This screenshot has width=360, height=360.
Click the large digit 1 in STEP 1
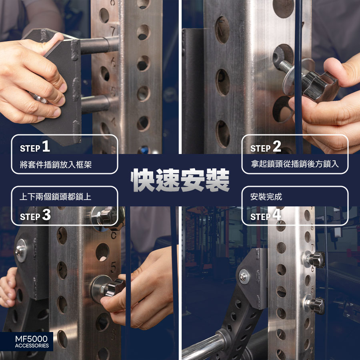[46, 146]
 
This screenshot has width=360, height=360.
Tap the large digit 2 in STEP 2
[277, 146]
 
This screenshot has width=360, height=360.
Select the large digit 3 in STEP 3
[46, 215]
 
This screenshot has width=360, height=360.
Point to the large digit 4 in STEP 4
[277, 215]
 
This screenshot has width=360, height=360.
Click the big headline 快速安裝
[180, 180]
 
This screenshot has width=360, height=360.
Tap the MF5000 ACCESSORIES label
[32, 342]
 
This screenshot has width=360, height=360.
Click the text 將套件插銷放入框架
[56, 165]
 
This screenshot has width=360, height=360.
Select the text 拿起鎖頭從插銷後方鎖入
[295, 164]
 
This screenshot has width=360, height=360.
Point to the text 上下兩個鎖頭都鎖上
[56, 197]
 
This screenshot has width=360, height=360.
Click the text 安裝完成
[266, 197]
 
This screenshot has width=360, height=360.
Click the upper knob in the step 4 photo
[316, 260]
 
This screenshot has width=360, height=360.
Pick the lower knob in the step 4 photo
[316, 305]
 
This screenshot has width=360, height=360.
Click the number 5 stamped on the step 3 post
[114, 268]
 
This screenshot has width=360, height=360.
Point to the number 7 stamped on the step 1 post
[113, 31]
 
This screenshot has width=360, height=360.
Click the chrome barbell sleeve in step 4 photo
[204, 347]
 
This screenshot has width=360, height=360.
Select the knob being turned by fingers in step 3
[114, 288]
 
